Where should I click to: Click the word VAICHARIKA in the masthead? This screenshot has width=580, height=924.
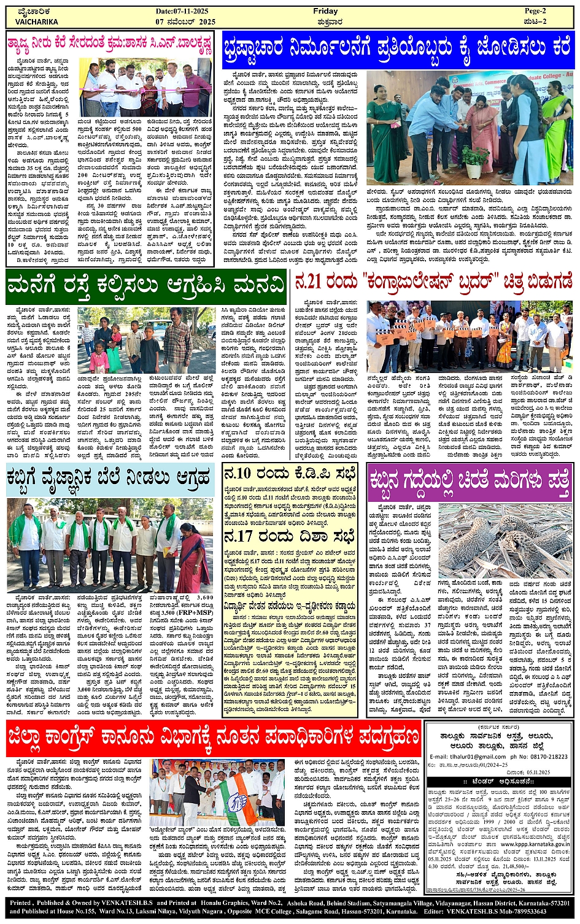click(37, 21)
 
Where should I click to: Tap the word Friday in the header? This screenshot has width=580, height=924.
click(325, 12)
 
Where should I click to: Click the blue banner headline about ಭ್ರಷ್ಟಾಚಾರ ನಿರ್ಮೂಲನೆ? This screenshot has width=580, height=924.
click(398, 47)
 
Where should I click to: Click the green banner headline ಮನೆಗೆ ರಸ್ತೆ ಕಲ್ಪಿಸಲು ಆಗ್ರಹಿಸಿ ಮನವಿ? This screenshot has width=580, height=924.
click(146, 285)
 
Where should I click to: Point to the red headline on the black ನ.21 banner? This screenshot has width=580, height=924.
click(433, 283)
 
